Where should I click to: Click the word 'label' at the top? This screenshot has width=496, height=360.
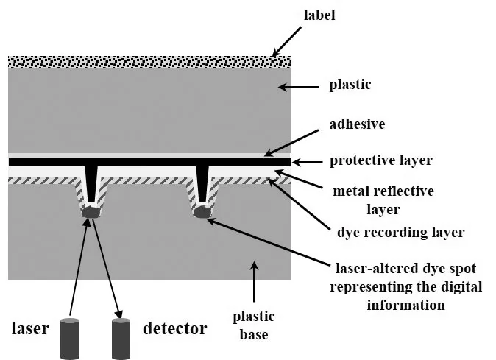(319, 15)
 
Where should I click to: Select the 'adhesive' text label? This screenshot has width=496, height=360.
(357, 124)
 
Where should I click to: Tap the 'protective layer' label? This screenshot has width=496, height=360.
(381, 160)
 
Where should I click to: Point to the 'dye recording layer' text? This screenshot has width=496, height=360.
(401, 232)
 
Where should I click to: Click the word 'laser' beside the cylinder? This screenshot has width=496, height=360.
(30, 328)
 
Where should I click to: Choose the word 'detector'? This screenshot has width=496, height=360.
(175, 328)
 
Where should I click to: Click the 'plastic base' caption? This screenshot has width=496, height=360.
(254, 325)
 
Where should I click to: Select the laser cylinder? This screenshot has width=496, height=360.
(70, 339)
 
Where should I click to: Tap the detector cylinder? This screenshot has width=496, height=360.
(121, 339)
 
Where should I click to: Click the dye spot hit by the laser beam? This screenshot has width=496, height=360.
(91, 212)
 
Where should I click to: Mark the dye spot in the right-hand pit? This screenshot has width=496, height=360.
(202, 212)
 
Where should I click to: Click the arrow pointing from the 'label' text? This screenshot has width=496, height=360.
(286, 42)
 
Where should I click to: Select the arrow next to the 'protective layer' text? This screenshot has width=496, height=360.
(307, 162)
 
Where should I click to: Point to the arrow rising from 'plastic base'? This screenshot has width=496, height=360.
(254, 281)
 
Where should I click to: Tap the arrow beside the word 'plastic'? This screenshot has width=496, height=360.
(299, 87)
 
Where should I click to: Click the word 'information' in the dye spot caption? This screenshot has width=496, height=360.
(405, 306)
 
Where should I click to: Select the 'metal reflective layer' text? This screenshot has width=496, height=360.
(383, 200)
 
